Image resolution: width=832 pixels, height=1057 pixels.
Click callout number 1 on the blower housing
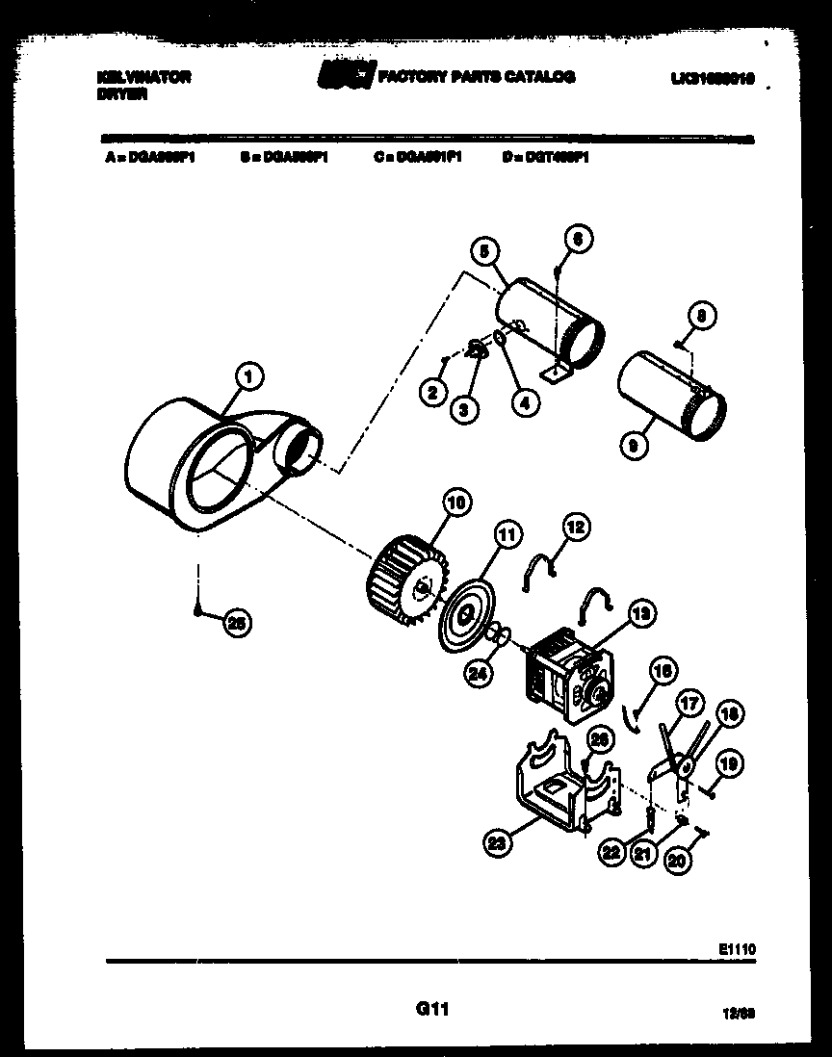pyautogui.click(x=248, y=377)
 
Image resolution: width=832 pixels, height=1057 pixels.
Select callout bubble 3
pyautogui.click(x=464, y=409)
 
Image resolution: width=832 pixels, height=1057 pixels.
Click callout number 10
pyautogui.click(x=455, y=501)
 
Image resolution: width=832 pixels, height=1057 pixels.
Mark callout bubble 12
pyautogui.click(x=575, y=527)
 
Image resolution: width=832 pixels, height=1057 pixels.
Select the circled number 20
pyautogui.click(x=677, y=862)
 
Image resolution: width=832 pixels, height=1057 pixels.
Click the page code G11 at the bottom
pyautogui.click(x=432, y=1009)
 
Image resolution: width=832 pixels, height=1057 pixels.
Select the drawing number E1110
pyautogui.click(x=737, y=948)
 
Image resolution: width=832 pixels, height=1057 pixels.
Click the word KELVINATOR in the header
pyautogui.click(x=143, y=77)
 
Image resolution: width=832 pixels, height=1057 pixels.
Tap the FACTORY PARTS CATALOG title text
pyautogui.click(x=477, y=76)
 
